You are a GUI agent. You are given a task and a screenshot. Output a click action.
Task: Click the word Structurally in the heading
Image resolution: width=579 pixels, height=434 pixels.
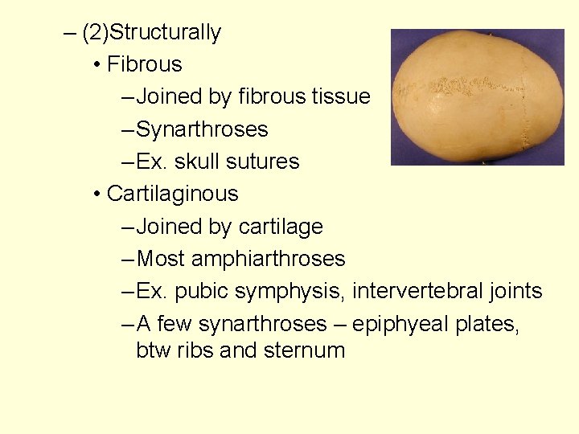click(165, 33)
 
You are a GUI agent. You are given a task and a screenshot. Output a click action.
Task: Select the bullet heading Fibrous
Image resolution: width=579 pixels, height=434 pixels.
click(145, 64)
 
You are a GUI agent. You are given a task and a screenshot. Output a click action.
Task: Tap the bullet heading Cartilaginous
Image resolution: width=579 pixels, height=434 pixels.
click(173, 194)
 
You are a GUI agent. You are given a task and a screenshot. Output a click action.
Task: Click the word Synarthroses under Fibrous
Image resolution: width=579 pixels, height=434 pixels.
click(203, 129)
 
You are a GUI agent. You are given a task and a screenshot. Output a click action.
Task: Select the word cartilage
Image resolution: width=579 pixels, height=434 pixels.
click(281, 227)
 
